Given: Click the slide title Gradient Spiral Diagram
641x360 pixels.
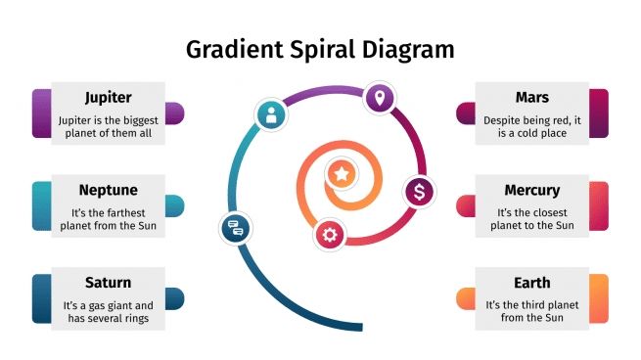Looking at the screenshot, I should click(320, 49).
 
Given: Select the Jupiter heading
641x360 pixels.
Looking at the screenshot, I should click(108, 98).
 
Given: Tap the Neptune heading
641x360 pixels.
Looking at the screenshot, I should click(108, 190).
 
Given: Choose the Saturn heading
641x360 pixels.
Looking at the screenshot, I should click(108, 283).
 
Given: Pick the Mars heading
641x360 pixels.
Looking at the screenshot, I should click(531, 98).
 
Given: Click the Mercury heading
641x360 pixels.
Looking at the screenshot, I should click(531, 190).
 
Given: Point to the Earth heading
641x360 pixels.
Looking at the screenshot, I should click(531, 283).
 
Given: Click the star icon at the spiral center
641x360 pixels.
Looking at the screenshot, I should click(341, 174).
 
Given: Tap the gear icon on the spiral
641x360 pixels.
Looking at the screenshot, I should click(330, 234).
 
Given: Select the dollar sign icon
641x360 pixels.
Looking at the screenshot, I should click(419, 192).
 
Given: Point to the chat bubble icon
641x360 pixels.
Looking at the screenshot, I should click(234, 229).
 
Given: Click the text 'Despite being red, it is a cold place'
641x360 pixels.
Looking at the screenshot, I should click(531, 126).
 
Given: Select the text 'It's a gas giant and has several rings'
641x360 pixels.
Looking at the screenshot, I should click(108, 312).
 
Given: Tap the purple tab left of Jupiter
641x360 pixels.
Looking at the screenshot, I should click(41, 112).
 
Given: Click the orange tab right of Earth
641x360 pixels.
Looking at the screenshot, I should click(599, 297).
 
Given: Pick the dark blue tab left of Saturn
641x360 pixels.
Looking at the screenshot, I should click(41, 297).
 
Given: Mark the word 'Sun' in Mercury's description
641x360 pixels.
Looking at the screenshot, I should click(564, 226).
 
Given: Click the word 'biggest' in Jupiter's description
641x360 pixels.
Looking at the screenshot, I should click(135, 119).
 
